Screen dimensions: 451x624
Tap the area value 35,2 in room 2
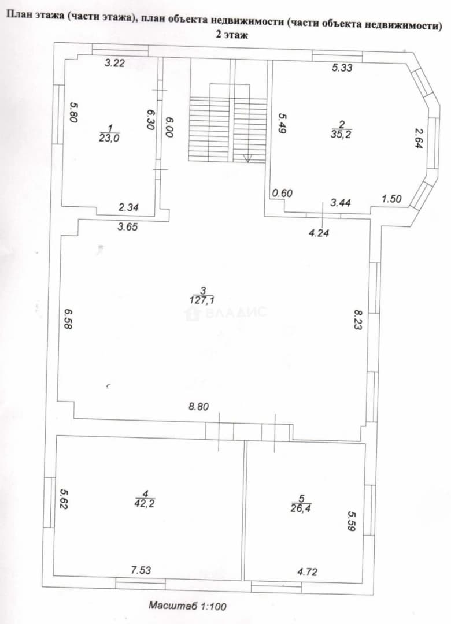click(342, 133)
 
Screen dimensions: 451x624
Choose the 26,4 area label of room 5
click(301, 508)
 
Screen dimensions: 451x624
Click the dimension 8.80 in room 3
click(199, 406)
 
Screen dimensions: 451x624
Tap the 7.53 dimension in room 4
click(141, 570)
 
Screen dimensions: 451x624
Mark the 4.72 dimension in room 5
click(307, 572)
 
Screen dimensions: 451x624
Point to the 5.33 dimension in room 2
click(342, 68)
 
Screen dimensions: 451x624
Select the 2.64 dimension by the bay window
click(419, 139)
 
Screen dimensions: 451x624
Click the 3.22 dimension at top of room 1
click(114, 62)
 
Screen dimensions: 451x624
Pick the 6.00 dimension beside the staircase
click(169, 127)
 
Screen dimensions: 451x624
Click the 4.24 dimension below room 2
click(319, 233)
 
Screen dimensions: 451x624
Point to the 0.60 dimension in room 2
click(283, 193)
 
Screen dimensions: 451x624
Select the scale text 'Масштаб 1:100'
click(188, 606)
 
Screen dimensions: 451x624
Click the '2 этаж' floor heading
click(232, 35)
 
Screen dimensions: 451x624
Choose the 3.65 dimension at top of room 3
click(127, 227)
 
